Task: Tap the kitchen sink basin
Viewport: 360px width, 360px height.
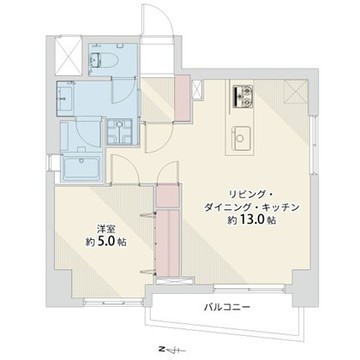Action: click(x=240, y=137)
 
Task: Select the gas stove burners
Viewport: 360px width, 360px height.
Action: click(x=243, y=95)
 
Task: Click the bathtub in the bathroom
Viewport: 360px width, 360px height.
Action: click(x=82, y=168)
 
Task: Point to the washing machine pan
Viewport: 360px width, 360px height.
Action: click(x=119, y=132)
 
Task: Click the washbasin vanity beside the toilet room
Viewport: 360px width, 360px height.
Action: click(x=65, y=98)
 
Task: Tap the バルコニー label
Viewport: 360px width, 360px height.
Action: click(x=227, y=306)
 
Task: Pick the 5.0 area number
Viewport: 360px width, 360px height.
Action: click(x=105, y=242)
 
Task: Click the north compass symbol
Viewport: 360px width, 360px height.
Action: click(x=170, y=350)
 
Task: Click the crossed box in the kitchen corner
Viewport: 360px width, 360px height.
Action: click(x=295, y=93)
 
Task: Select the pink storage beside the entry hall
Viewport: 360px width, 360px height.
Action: click(x=182, y=98)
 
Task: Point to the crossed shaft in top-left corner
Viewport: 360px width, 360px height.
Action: click(x=68, y=55)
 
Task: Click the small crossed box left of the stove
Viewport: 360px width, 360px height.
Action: click(x=197, y=90)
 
